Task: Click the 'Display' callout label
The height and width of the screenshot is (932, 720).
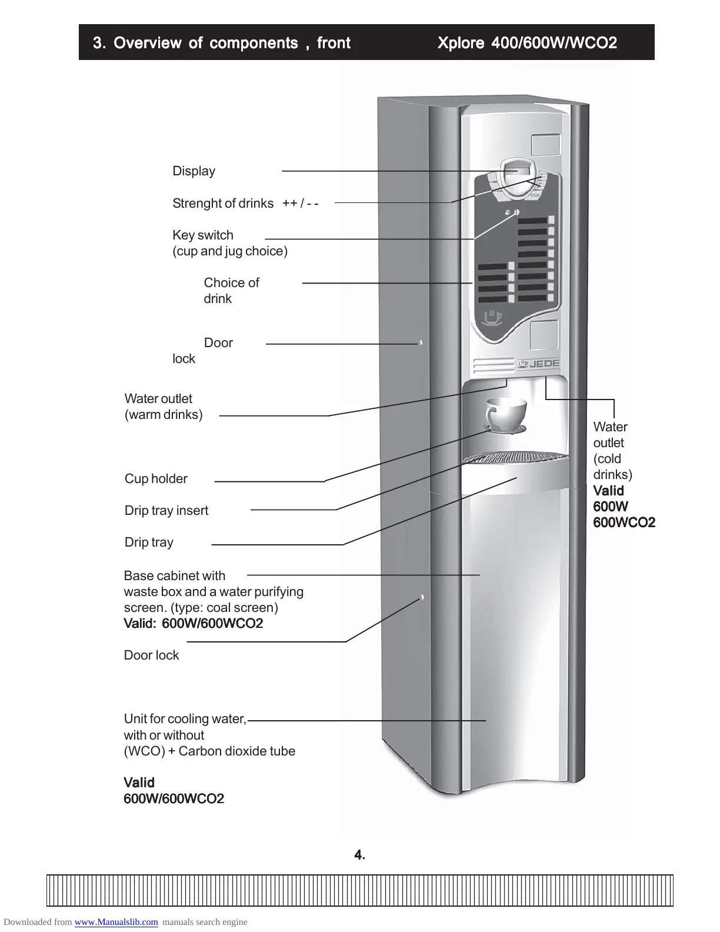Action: (194, 171)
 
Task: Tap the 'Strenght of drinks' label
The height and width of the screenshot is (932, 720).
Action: (222, 204)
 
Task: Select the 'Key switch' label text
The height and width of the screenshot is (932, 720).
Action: (203, 235)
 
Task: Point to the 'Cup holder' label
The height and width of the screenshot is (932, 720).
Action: (156, 479)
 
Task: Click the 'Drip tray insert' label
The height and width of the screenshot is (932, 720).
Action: (166, 511)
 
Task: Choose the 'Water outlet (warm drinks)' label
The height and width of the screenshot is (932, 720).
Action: (163, 407)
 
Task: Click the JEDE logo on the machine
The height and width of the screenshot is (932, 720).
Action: (539, 364)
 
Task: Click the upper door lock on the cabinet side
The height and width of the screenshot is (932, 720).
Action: (421, 342)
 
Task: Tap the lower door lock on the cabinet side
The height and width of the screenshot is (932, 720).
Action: (422, 598)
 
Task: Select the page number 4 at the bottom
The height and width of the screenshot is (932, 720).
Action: (359, 856)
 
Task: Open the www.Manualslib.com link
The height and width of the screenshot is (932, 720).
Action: (116, 922)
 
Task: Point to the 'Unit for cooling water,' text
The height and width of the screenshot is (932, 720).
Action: (185, 719)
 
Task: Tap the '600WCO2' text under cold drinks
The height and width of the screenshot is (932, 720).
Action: (624, 522)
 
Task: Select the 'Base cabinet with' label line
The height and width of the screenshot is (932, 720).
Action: (175, 576)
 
